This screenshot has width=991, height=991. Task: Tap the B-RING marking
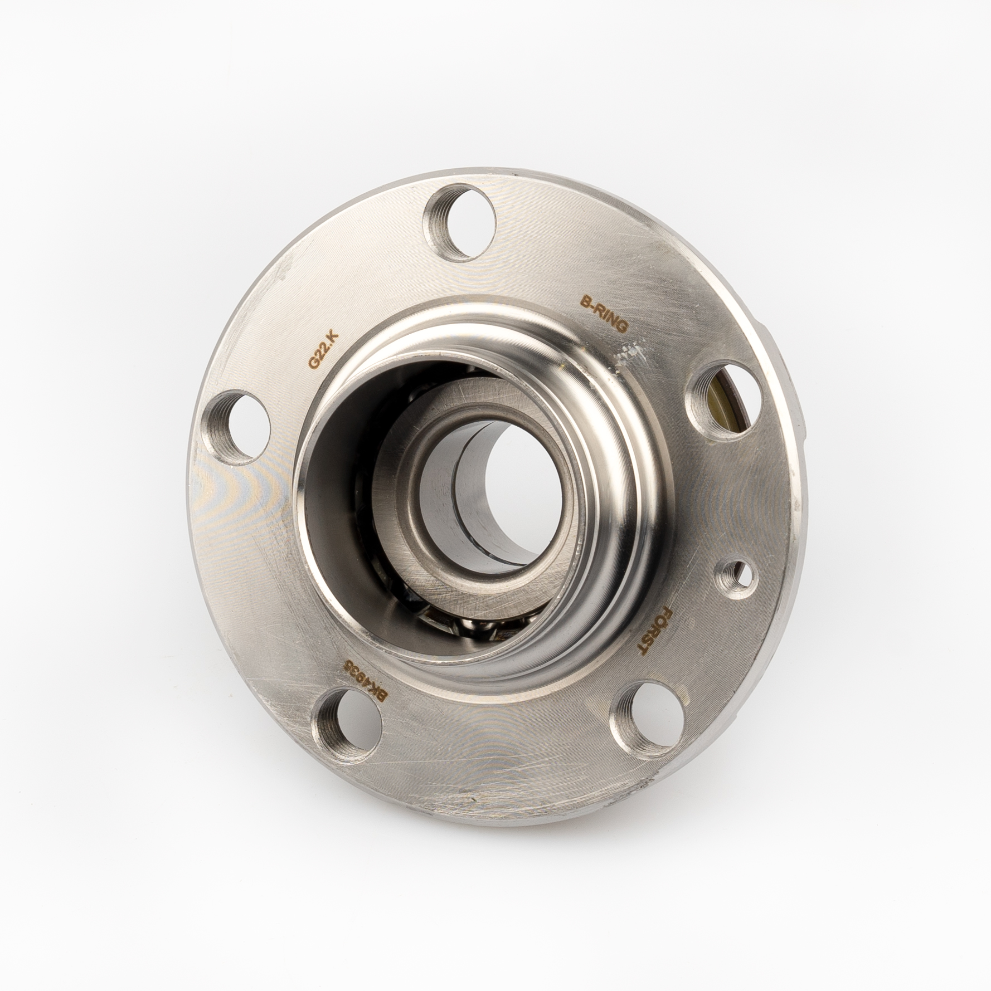coord(604,314)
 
